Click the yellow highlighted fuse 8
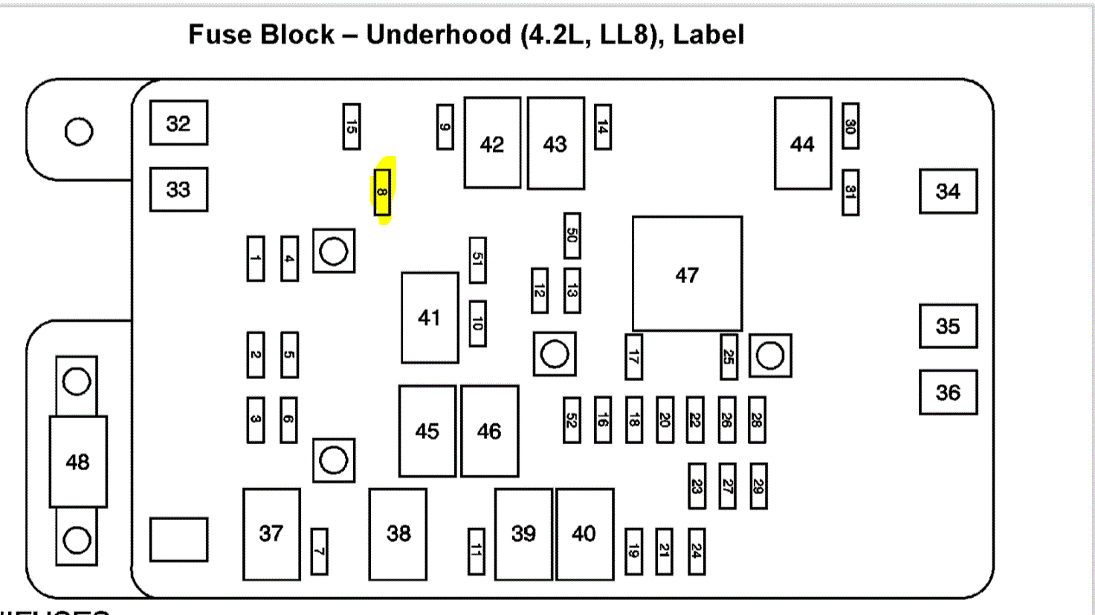click(x=382, y=192)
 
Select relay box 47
click(x=687, y=274)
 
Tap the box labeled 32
click(x=178, y=123)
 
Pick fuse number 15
click(x=351, y=126)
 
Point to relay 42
click(x=492, y=143)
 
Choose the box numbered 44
click(x=802, y=143)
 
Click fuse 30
click(x=850, y=126)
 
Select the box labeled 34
click(x=948, y=192)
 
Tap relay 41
click(x=430, y=318)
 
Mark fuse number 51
click(x=477, y=260)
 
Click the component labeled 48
click(x=78, y=462)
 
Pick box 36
click(x=948, y=392)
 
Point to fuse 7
click(x=319, y=551)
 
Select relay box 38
click(x=398, y=533)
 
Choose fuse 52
click(x=572, y=420)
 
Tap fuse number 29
click(x=758, y=487)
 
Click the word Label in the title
click(x=708, y=35)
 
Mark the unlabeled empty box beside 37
click(x=178, y=539)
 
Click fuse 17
click(x=633, y=357)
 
